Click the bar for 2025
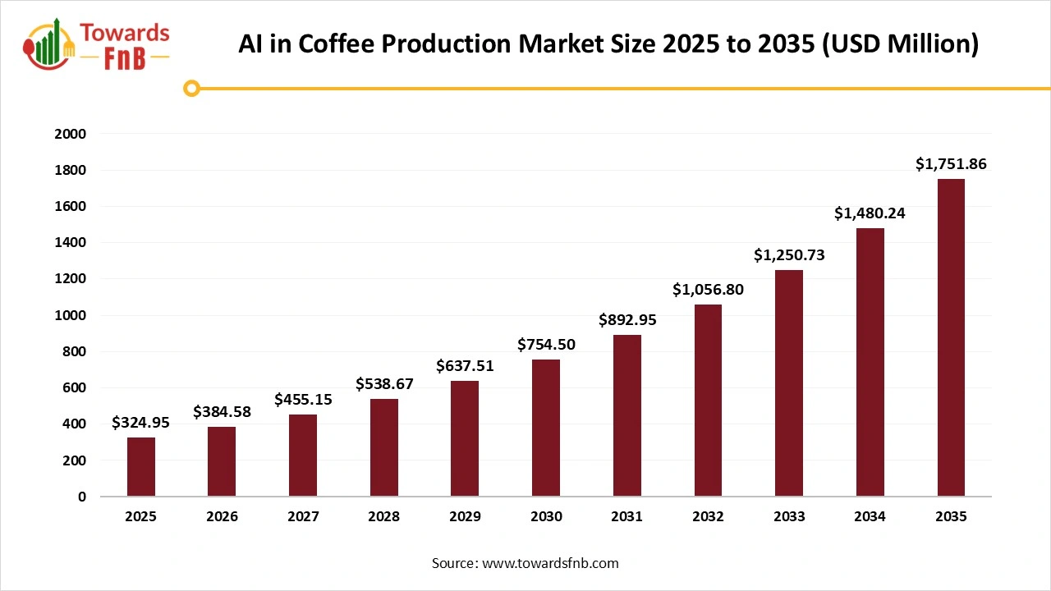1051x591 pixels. point(141,466)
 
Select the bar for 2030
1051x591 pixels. point(546,428)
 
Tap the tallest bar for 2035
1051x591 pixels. point(951,337)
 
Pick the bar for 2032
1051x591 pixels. point(708,401)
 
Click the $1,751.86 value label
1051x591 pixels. point(951,164)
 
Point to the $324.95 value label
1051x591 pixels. point(141,424)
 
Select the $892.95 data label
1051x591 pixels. point(626,320)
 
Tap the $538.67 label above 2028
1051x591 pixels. point(384,383)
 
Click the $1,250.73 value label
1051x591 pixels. point(789,255)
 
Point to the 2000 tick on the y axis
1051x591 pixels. point(70,134)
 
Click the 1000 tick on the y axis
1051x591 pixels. point(70,315)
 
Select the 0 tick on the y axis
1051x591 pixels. point(81,497)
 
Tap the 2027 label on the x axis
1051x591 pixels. point(303,517)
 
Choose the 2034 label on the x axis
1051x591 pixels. point(870,517)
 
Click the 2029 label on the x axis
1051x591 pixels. point(465,517)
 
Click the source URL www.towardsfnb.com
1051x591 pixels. point(549,563)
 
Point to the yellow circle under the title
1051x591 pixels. point(191,88)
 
